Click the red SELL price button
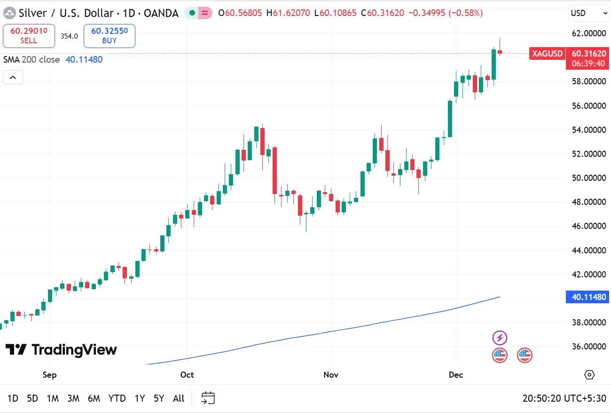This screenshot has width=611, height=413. tap(29, 36)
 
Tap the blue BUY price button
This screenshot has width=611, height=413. tap(110, 36)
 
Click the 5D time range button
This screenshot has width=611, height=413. tap(32, 398)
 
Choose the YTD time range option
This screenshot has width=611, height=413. tap(117, 398)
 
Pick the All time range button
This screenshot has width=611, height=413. tap(179, 398)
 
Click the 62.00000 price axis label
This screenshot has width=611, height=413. tap(588, 33)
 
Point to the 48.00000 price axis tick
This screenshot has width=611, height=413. tap(588, 202)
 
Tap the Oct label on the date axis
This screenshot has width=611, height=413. tap(187, 375)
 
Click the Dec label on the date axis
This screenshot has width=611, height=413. tap(456, 375)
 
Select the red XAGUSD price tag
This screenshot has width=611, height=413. tap(547, 54)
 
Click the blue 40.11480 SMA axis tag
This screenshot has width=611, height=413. tap(588, 297)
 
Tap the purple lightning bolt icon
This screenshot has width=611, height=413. tap(500, 338)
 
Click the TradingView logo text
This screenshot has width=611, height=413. tap(61, 349)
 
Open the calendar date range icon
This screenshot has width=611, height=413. tap(208, 398)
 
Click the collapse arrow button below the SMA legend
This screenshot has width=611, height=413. tap(13, 77)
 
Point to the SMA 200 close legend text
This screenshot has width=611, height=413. tap(31, 59)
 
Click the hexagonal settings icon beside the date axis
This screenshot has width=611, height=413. tap(589, 375)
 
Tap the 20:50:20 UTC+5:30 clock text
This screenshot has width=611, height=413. tap(564, 398)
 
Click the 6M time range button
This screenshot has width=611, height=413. tap(94, 398)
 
